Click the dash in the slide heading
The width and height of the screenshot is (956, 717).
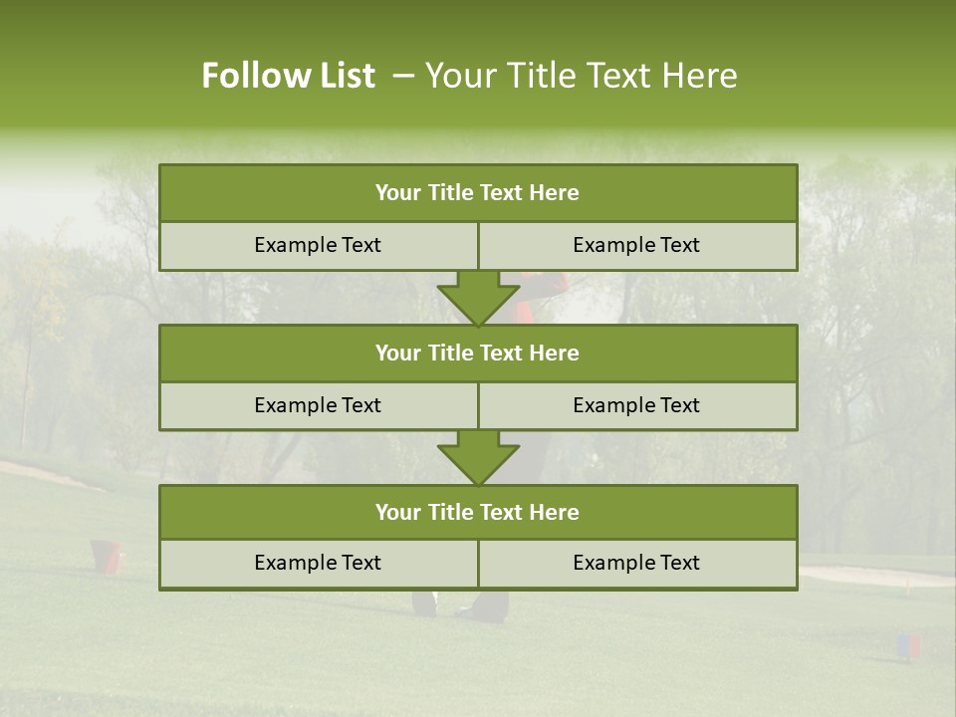(403, 76)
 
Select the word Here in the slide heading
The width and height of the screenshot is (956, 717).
(700, 76)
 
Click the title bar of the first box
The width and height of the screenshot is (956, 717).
(478, 193)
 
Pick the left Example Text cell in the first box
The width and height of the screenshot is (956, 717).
(318, 245)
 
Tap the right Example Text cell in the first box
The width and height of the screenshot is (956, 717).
(637, 245)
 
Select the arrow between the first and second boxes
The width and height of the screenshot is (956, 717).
(478, 298)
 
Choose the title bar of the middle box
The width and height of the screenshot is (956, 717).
(478, 353)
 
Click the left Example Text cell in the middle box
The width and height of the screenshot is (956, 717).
(318, 405)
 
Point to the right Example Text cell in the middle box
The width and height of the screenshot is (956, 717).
(637, 405)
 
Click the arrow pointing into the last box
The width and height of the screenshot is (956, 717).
(478, 458)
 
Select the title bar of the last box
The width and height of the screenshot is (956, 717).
(478, 512)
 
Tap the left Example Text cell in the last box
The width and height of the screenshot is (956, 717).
(318, 563)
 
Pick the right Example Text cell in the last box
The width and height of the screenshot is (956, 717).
(637, 563)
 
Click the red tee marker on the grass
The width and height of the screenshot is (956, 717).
(108, 555)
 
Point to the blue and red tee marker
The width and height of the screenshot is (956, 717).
(908, 646)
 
